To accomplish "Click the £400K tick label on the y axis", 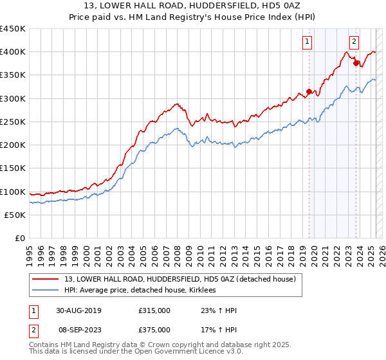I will click(13, 52).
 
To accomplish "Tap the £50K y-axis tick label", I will click(15, 215).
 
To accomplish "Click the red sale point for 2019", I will click(309, 91).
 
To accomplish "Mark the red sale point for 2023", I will click(356, 63).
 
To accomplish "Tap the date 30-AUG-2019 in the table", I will click(78, 310).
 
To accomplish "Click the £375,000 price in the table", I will click(154, 329).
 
